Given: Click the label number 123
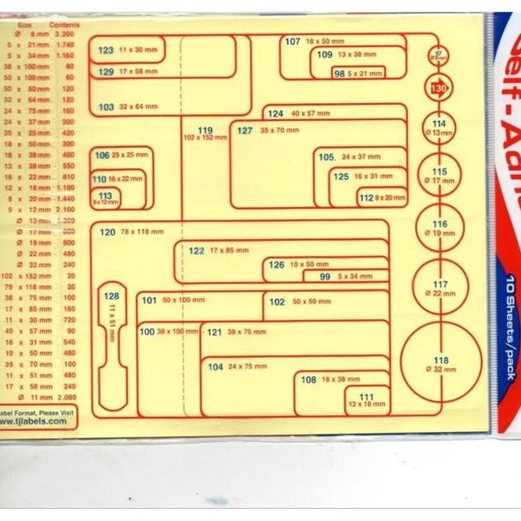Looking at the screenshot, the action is click(x=106, y=50).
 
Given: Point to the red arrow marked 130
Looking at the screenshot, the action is click(x=439, y=88).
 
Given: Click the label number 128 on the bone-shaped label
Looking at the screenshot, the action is click(x=111, y=296).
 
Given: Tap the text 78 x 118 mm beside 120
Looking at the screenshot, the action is click(x=142, y=231).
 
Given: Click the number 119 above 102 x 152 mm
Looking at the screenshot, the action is click(x=204, y=130).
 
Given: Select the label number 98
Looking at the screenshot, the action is click(x=339, y=73).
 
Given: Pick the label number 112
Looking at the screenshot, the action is click(x=366, y=197).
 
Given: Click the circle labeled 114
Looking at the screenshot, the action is click(x=439, y=128).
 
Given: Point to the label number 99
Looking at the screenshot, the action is click(x=325, y=277).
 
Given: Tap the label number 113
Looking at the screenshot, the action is click(x=106, y=196).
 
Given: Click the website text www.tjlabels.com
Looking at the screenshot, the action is click(x=34, y=421).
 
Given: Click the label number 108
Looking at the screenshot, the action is click(x=308, y=380).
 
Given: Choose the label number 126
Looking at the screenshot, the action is click(x=276, y=265).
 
